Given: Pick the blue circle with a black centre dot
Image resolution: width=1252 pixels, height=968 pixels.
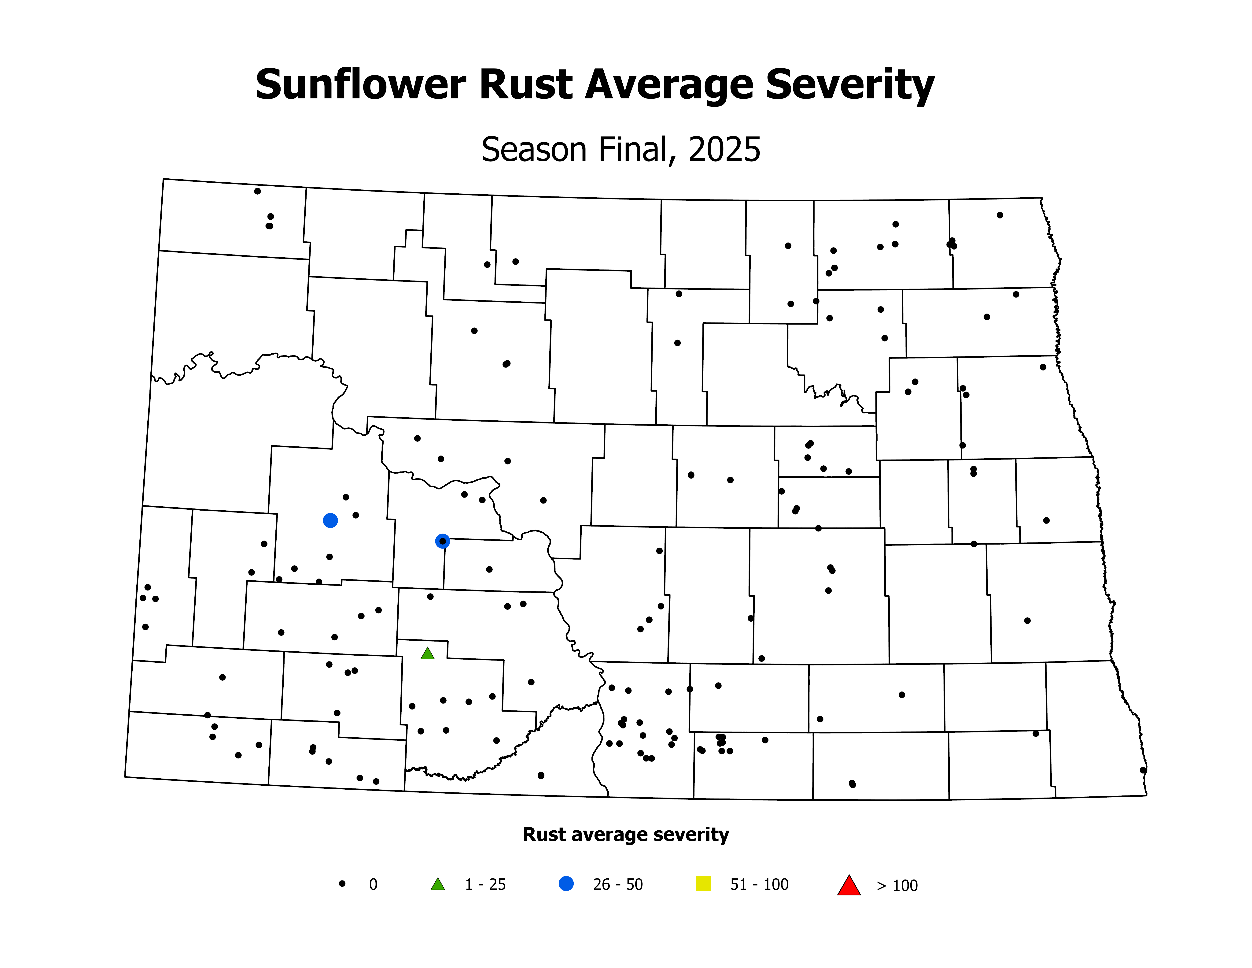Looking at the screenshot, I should click(x=442, y=541).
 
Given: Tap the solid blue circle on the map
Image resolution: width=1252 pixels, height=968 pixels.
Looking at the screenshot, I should click(x=330, y=520).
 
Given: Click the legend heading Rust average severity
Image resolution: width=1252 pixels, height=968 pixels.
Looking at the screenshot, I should click(x=625, y=834).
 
